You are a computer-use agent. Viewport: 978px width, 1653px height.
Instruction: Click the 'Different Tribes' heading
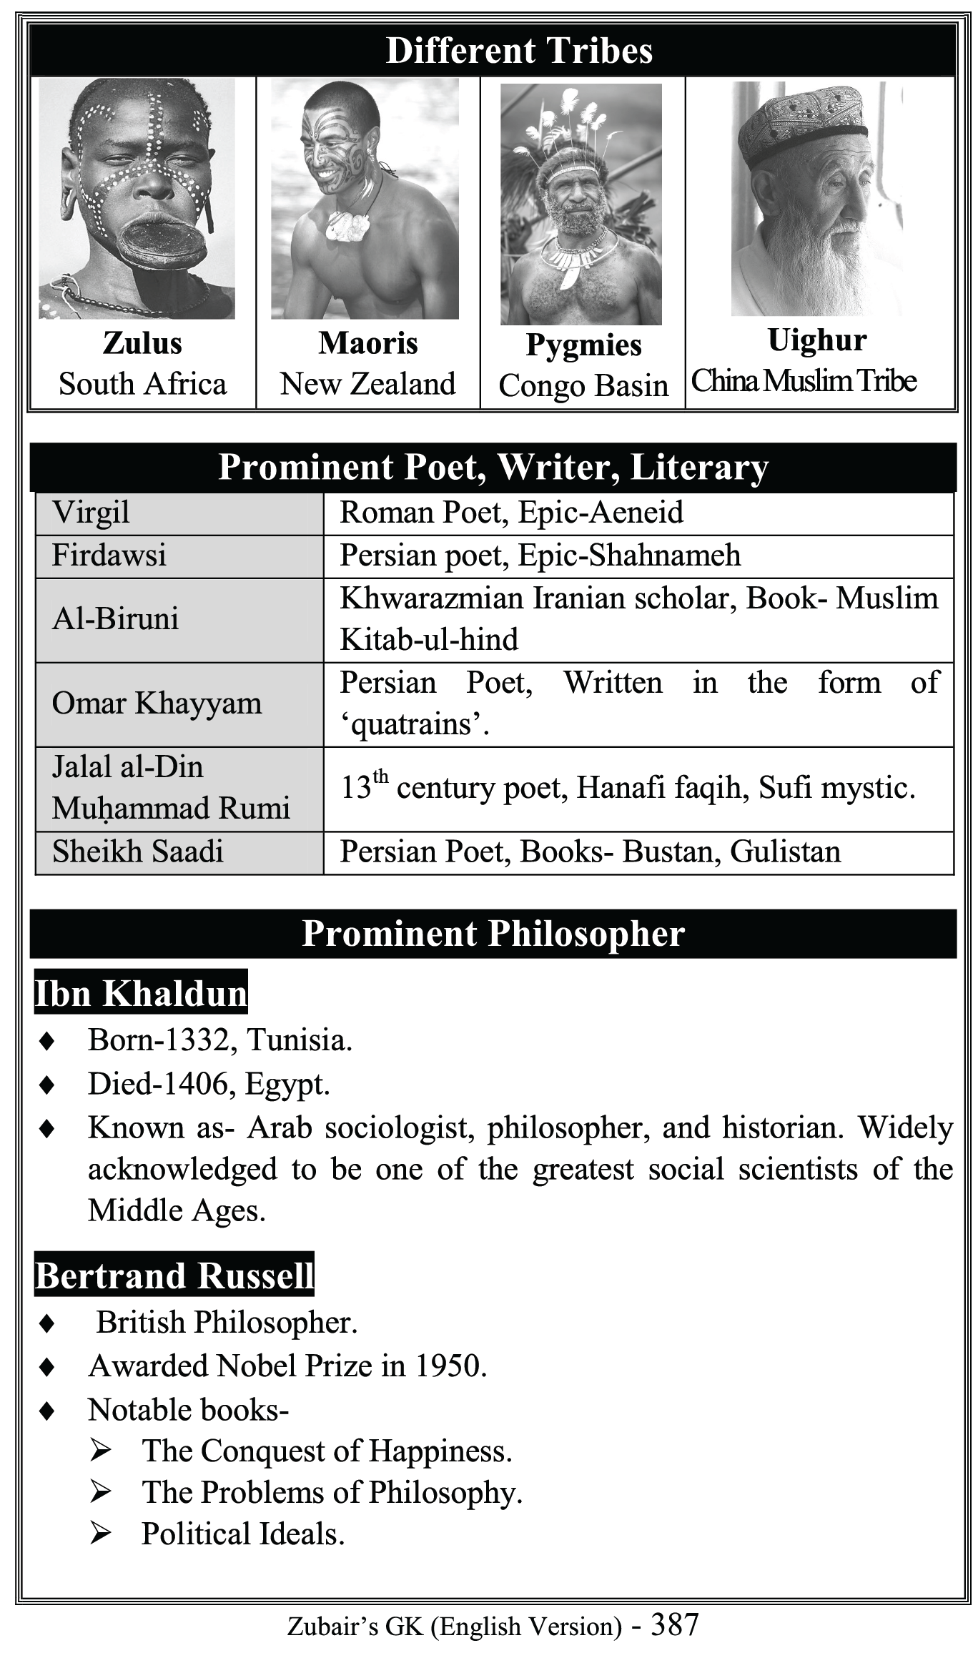coord(519,51)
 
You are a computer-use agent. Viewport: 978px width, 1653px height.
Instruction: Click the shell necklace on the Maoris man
coord(348,226)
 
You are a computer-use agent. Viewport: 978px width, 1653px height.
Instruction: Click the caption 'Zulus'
coord(142,343)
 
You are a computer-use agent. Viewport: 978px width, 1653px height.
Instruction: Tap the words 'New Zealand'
coord(367,384)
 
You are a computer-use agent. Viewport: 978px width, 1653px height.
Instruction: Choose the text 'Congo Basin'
coord(583,385)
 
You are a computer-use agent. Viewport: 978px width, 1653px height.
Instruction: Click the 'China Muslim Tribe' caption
coord(804,381)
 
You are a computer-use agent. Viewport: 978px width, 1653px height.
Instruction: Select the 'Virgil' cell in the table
coord(91,513)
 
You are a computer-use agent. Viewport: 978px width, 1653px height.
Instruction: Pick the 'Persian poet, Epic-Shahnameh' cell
coord(540,556)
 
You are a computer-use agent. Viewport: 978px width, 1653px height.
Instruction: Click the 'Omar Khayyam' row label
coord(157,704)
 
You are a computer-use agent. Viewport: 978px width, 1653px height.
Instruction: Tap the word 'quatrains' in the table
coord(415,725)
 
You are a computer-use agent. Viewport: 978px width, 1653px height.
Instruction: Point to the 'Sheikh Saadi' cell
coord(137,852)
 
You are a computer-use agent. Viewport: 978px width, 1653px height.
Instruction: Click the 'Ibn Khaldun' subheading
coord(141,993)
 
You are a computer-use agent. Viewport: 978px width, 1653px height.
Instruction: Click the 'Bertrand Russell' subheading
coord(174,1275)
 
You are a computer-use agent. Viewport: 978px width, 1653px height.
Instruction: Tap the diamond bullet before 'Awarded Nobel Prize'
coord(47,1366)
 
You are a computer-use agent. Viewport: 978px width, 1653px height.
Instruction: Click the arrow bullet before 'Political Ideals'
coord(100,1534)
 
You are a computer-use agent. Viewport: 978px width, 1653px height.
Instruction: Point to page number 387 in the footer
coord(674,1624)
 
